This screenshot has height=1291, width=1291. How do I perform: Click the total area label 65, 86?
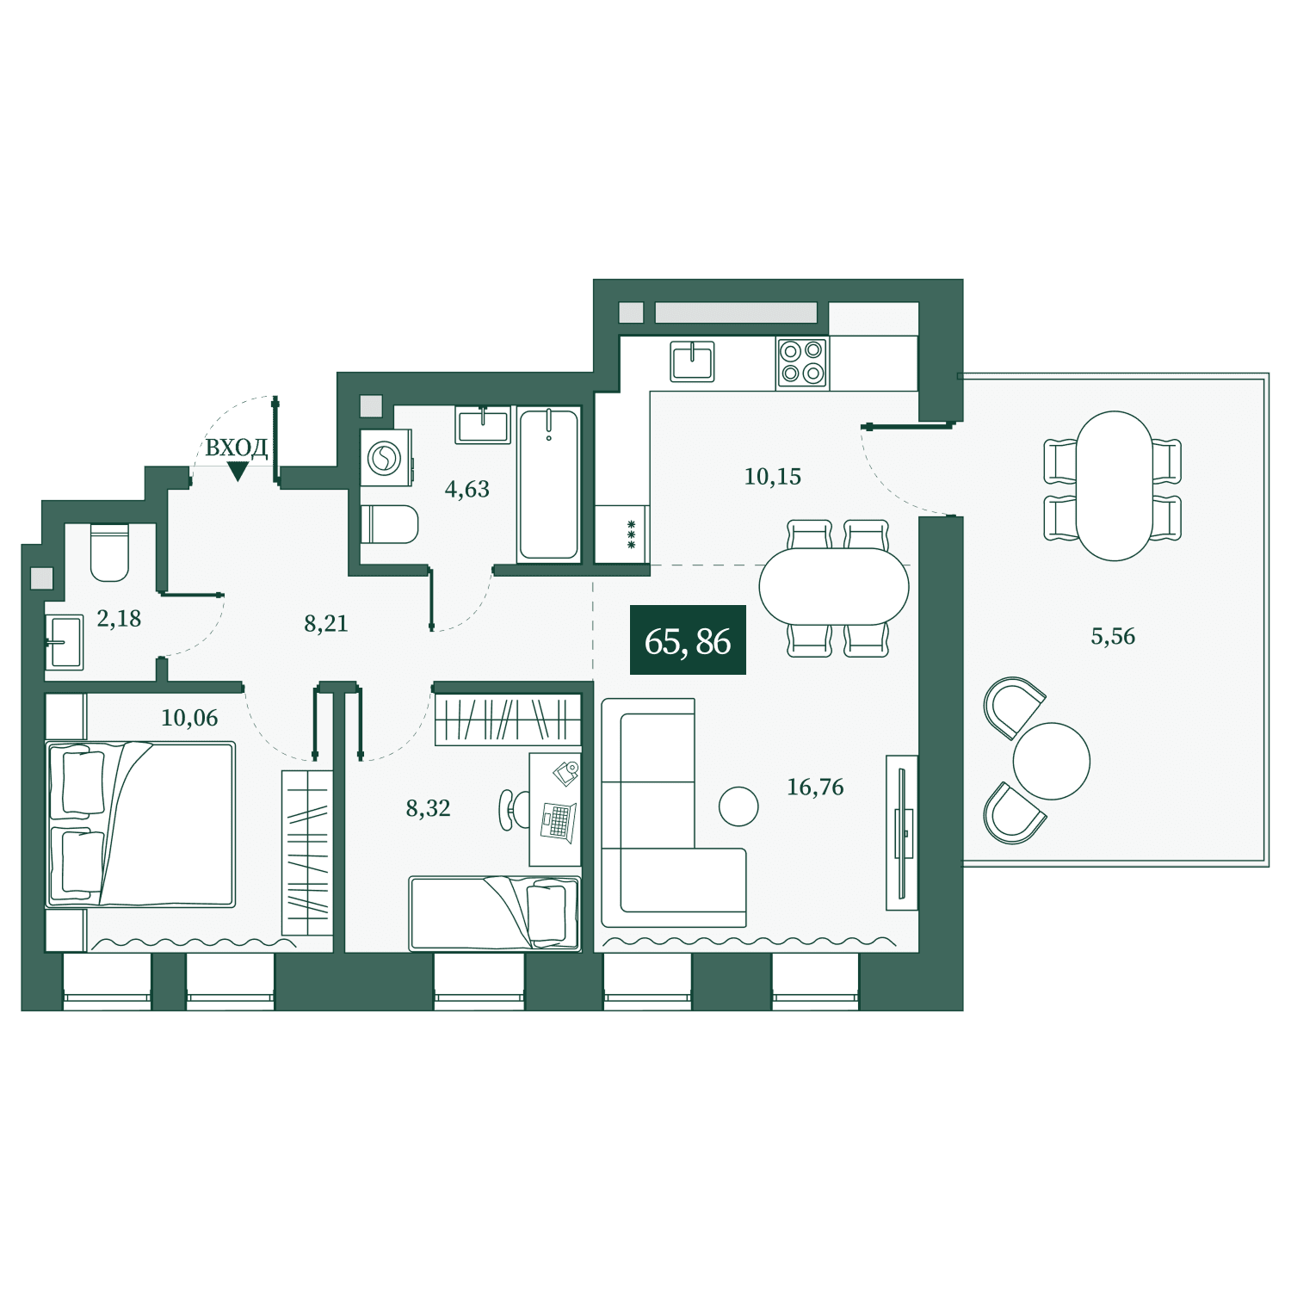688,641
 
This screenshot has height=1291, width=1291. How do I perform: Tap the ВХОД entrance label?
237,448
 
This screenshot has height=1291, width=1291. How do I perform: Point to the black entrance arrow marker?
238,471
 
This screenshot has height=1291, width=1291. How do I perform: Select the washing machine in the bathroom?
386,458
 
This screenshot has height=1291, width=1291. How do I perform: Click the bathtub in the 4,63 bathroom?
549,485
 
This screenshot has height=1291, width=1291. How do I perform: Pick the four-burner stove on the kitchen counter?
802,362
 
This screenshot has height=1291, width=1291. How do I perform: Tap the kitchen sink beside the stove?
692,361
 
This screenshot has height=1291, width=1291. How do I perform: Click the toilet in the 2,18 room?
109,552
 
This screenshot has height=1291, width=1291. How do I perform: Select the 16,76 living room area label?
815,787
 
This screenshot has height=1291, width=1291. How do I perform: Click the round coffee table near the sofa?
738,806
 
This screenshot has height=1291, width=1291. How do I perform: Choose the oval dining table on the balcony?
1114,486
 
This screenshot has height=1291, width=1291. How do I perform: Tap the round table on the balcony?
1052,761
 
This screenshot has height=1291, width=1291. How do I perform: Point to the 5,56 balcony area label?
1113,636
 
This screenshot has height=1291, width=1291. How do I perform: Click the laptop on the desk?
559,820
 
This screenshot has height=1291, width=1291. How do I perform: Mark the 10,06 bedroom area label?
189,718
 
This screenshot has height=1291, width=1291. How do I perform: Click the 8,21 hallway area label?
326,623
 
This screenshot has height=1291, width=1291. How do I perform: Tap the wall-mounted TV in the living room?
901,833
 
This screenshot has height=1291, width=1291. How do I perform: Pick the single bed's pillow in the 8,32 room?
547,914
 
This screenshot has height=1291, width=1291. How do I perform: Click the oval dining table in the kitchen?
834,587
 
